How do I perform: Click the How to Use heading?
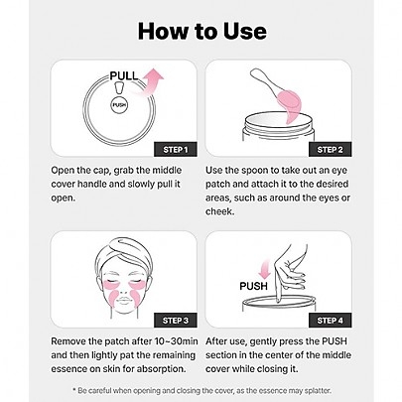click(202, 31)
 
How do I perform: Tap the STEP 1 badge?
click(176, 150)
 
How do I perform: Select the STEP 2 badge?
click(330, 150)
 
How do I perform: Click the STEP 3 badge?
click(176, 321)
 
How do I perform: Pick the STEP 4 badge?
click(330, 321)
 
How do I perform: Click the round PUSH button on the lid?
click(119, 105)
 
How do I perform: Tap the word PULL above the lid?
click(124, 75)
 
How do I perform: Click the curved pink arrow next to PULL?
click(150, 82)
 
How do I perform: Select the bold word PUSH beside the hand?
click(253, 286)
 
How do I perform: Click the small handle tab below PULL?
click(119, 88)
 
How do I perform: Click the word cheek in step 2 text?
click(218, 211)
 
